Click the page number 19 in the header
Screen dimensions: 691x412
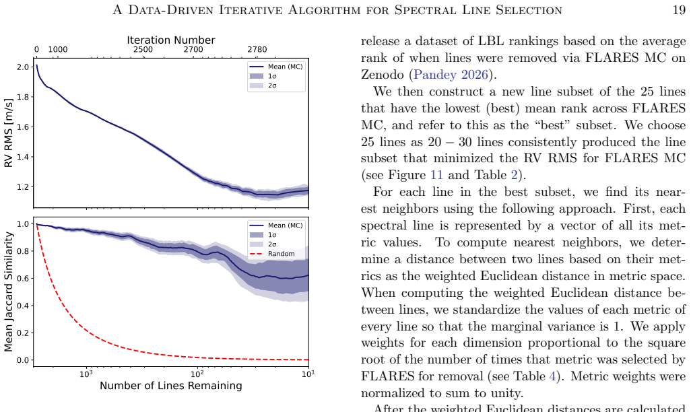[679, 9]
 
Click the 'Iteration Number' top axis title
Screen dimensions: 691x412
[171, 40]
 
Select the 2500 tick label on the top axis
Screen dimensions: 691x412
[143, 49]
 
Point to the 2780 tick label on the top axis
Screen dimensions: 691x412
[257, 49]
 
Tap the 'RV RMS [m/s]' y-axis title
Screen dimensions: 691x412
[8, 133]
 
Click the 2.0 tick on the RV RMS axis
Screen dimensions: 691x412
[23, 67]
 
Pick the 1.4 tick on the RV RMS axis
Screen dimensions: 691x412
[23, 157]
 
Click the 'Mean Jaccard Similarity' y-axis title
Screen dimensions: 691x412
[8, 291]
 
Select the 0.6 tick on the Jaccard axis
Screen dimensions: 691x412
[23, 279]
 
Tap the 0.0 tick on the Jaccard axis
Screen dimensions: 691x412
[23, 360]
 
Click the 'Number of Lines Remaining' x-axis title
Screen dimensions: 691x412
[171, 386]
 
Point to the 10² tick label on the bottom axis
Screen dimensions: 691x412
[197, 374]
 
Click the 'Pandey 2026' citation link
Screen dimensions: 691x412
[451, 75]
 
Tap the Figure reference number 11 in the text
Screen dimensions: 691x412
[436, 175]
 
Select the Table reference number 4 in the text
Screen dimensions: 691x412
[552, 376]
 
